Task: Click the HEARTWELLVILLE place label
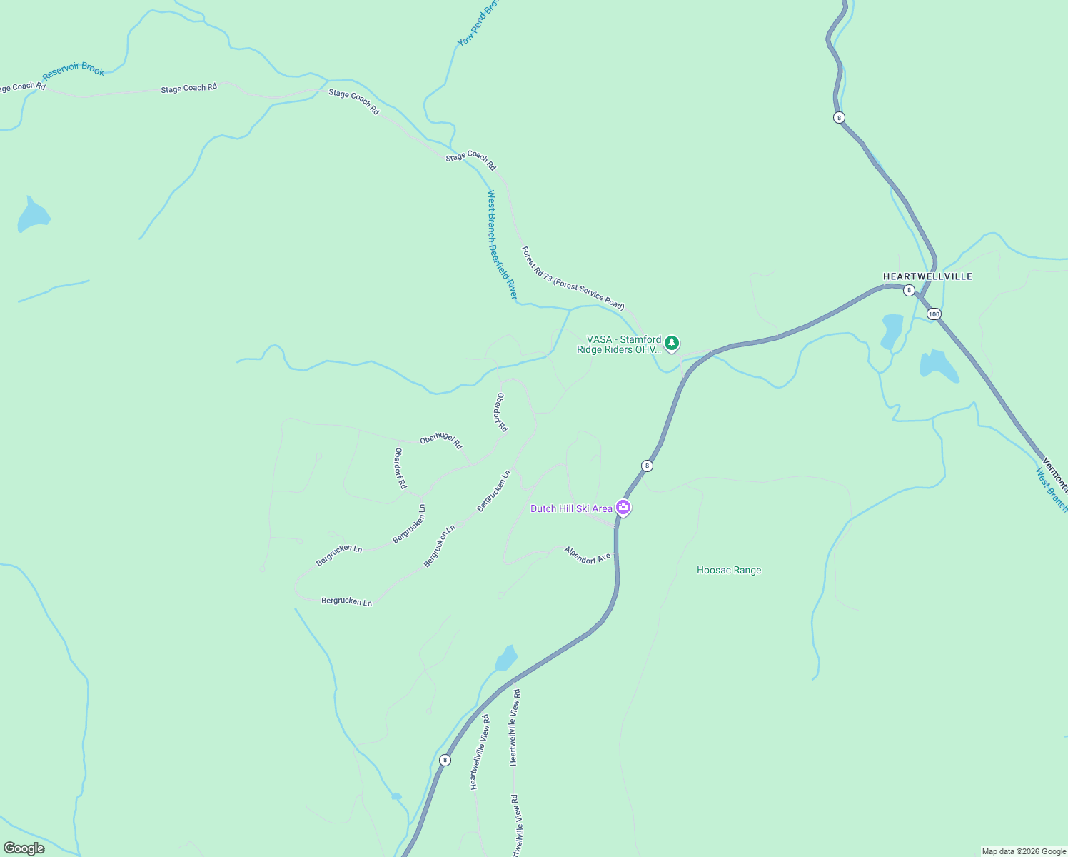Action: click(x=927, y=276)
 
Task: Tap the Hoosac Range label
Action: click(x=729, y=570)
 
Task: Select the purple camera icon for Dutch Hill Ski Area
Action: click(x=623, y=508)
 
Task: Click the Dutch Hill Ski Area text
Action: click(x=571, y=508)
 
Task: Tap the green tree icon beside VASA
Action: click(x=671, y=344)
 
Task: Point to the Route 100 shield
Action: click(x=934, y=314)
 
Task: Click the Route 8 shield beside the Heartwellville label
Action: click(x=909, y=290)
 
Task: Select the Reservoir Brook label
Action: click(x=74, y=70)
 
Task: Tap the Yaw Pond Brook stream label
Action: click(x=478, y=24)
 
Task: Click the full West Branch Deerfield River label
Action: click(x=502, y=244)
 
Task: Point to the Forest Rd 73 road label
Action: click(x=573, y=279)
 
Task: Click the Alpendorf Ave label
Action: click(x=588, y=555)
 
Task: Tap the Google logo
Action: click(x=24, y=848)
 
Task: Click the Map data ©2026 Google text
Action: click(x=1024, y=851)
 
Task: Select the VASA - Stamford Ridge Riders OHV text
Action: click(x=619, y=344)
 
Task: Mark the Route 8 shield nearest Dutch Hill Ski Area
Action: click(x=647, y=466)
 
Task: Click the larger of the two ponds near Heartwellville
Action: click(x=938, y=366)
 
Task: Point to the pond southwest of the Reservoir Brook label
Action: click(x=32, y=216)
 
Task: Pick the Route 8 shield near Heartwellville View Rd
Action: click(x=445, y=760)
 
